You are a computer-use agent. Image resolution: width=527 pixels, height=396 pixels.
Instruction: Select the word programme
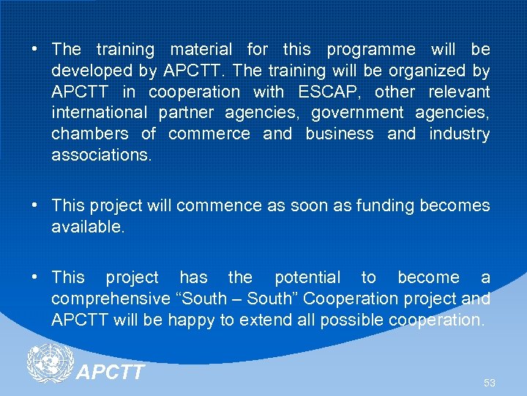coord(370,51)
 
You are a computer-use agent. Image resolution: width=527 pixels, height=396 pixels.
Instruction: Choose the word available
coord(88,227)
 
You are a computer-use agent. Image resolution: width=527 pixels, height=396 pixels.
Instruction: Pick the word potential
coord(307,278)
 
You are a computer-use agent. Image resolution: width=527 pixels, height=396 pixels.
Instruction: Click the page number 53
coord(489,383)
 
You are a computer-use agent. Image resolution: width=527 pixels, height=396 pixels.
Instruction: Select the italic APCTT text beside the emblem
coord(111,373)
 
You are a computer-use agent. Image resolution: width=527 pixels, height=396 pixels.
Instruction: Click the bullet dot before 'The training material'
coord(34,50)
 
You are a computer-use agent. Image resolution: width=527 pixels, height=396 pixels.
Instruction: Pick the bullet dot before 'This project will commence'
coord(34,205)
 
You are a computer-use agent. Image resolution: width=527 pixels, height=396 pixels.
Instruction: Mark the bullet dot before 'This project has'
coord(34,277)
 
